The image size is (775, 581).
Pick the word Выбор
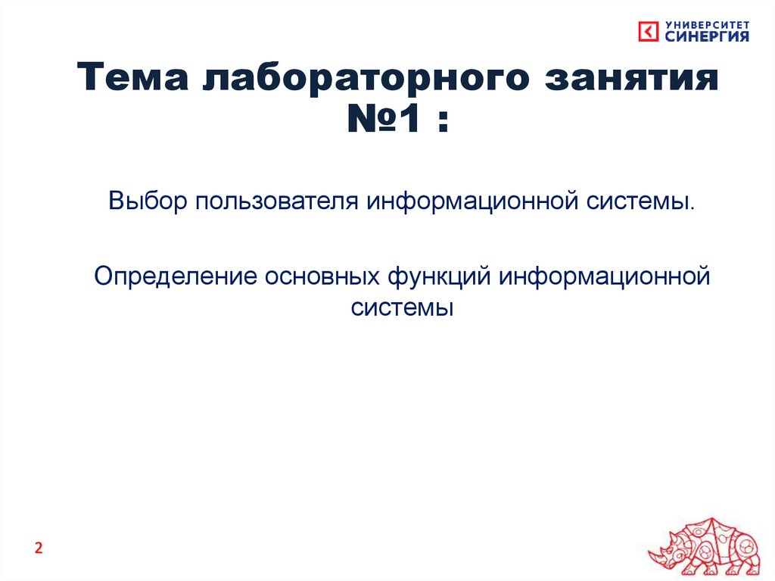[148, 203]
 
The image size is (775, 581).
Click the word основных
[321, 276]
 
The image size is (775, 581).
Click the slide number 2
[39, 548]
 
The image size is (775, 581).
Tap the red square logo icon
[649, 32]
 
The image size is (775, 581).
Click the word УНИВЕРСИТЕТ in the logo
[708, 24]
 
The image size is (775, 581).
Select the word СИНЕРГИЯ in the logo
[708, 36]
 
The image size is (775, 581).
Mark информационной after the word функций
[603, 276]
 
